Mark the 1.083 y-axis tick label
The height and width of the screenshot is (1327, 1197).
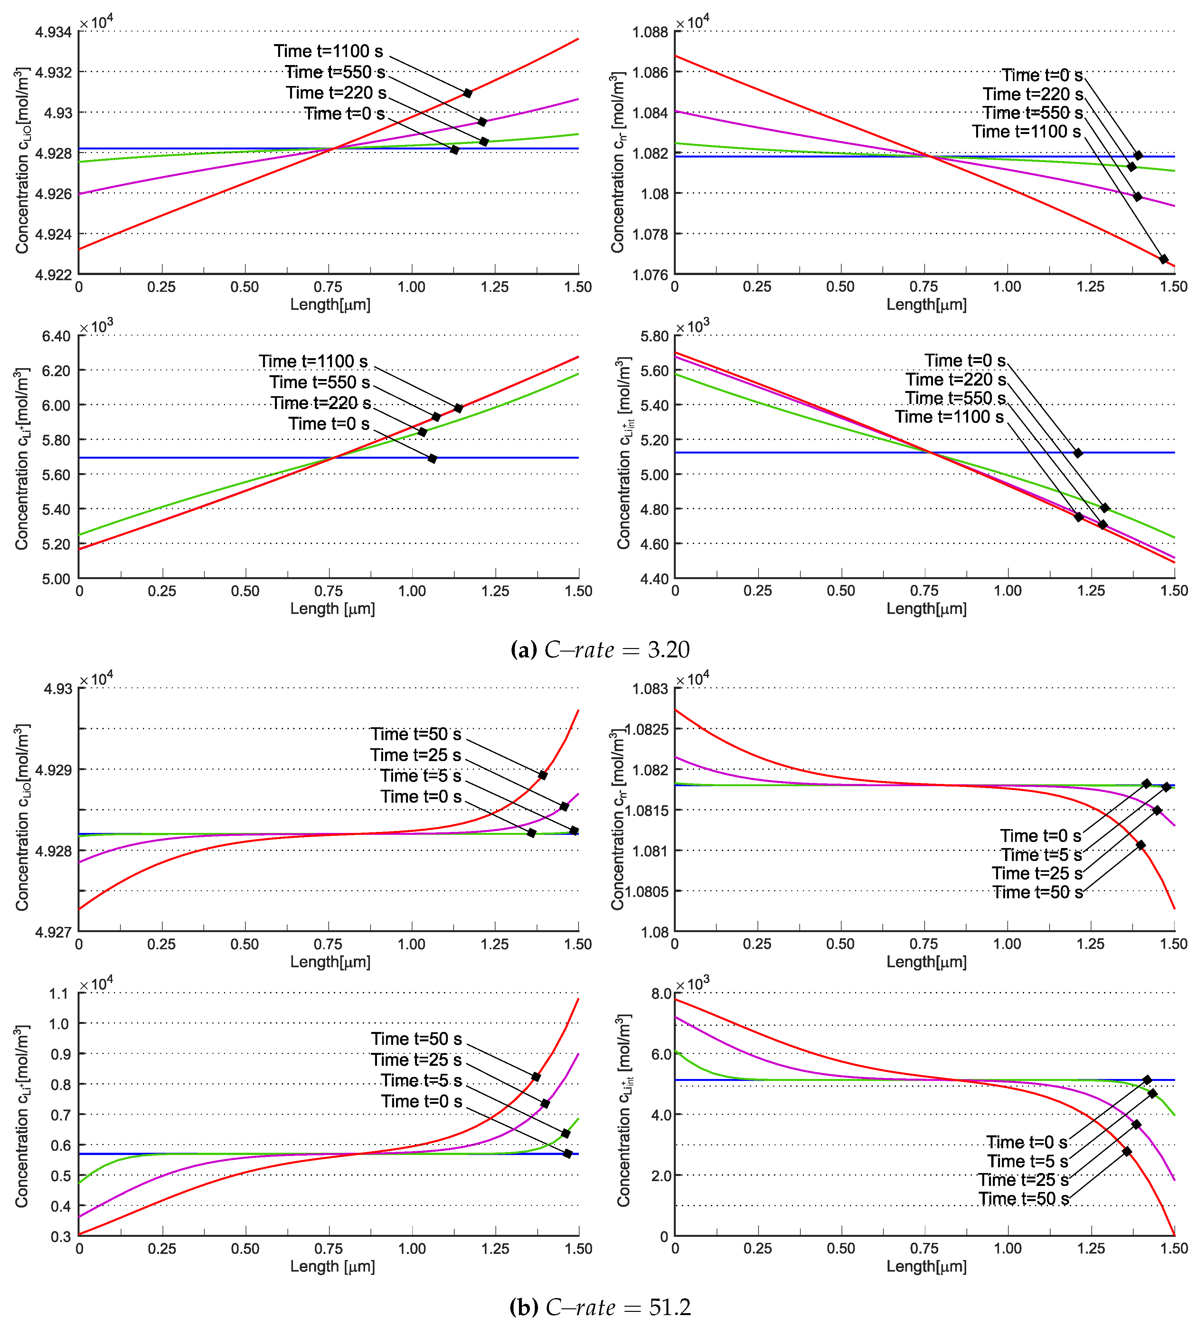(x=650, y=689)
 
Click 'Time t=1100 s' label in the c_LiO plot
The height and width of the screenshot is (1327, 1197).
(x=328, y=51)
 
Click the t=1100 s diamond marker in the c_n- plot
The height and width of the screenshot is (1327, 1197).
(x=1164, y=259)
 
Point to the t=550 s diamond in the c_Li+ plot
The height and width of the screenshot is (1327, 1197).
(x=436, y=417)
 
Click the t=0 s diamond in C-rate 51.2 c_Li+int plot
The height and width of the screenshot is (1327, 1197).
(x=1147, y=1080)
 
